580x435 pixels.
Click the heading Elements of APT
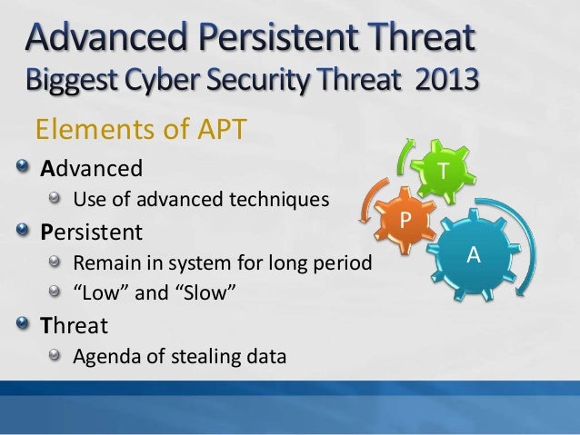point(140,130)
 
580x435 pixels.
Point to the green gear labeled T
point(442,170)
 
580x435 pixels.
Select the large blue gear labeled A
point(473,255)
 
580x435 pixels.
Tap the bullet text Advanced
point(91,168)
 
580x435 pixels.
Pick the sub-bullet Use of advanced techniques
point(200,199)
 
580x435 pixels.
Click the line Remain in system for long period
point(223,264)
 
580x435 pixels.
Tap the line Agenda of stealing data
point(179,356)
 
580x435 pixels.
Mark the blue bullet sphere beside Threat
point(24,323)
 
